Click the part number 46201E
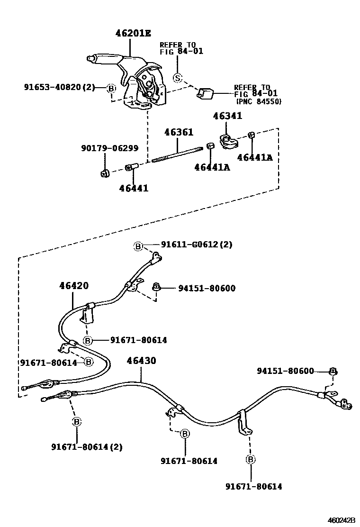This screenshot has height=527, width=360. (133, 33)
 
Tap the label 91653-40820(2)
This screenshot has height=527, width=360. (60, 87)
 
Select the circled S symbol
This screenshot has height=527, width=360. (177, 78)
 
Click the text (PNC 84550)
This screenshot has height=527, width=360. (259, 102)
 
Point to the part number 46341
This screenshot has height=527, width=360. (227, 116)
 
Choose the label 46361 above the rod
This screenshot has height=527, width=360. (179, 133)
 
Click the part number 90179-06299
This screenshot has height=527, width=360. (109, 148)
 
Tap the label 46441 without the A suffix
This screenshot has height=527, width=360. (134, 188)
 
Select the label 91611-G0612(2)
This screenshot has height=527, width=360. (197, 245)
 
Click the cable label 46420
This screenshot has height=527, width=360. (74, 286)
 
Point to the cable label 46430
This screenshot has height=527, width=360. (141, 361)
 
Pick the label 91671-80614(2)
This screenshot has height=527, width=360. (87, 446)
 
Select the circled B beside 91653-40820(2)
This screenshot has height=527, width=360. (111, 88)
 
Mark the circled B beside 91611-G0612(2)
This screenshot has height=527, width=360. (138, 245)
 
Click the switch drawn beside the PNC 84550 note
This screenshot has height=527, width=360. (206, 93)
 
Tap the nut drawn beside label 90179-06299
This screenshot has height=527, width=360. (105, 173)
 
